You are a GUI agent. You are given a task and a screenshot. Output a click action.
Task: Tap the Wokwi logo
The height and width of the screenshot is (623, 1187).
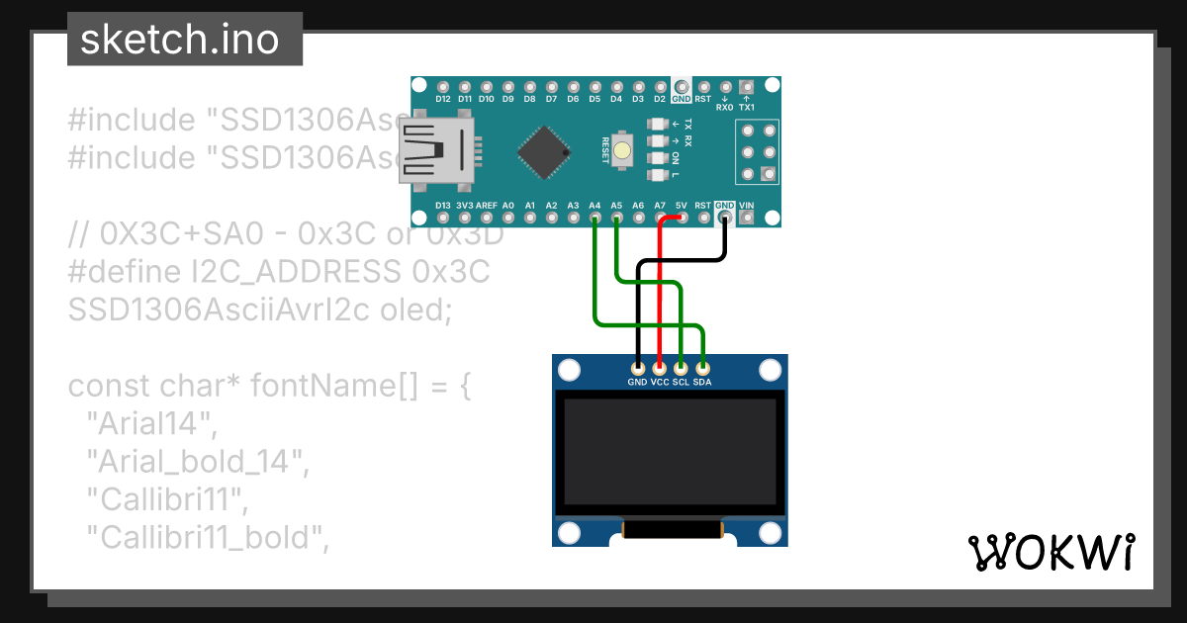tap(1050, 552)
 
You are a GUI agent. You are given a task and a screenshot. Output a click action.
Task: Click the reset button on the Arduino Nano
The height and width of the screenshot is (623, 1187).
tap(622, 151)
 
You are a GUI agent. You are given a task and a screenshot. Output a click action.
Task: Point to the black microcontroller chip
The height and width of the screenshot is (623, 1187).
tap(543, 151)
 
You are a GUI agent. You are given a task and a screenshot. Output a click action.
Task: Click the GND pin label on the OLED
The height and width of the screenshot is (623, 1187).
tap(637, 382)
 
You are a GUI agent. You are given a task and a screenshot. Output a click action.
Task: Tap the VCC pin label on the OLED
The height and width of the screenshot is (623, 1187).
tap(660, 382)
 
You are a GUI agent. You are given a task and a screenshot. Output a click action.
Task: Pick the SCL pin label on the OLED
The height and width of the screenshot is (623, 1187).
tap(682, 382)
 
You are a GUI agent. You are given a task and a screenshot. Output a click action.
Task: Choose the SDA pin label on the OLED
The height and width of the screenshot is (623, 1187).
tap(703, 382)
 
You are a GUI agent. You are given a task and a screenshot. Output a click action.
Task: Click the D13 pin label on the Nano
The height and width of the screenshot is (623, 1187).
tap(443, 206)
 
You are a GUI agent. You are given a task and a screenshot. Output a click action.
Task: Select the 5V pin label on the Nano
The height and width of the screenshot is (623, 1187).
tap(682, 206)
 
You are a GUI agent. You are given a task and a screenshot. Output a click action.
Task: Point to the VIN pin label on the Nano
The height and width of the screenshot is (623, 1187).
tap(747, 206)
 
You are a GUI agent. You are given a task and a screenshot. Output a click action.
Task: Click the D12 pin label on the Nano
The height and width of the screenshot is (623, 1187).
tap(443, 99)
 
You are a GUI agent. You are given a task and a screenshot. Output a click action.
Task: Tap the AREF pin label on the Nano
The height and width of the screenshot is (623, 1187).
tap(487, 206)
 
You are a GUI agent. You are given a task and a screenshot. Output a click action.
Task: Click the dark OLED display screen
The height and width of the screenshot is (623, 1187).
tap(670, 451)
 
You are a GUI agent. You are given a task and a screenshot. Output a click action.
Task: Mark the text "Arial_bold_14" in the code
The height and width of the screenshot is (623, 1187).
tap(196, 462)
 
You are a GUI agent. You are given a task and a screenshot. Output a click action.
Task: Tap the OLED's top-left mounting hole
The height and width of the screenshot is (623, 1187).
tap(570, 371)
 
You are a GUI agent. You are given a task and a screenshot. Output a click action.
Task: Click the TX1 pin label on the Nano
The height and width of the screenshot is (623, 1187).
tap(747, 107)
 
